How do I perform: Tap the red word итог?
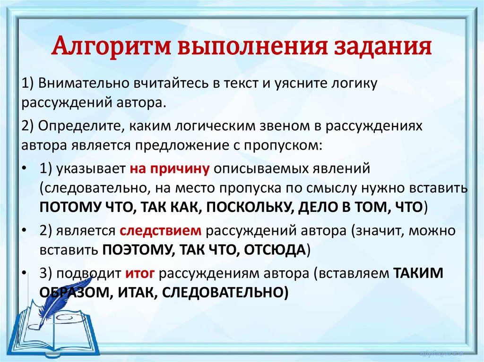click(x=138, y=273)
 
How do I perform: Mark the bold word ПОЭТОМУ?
click(x=134, y=249)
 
